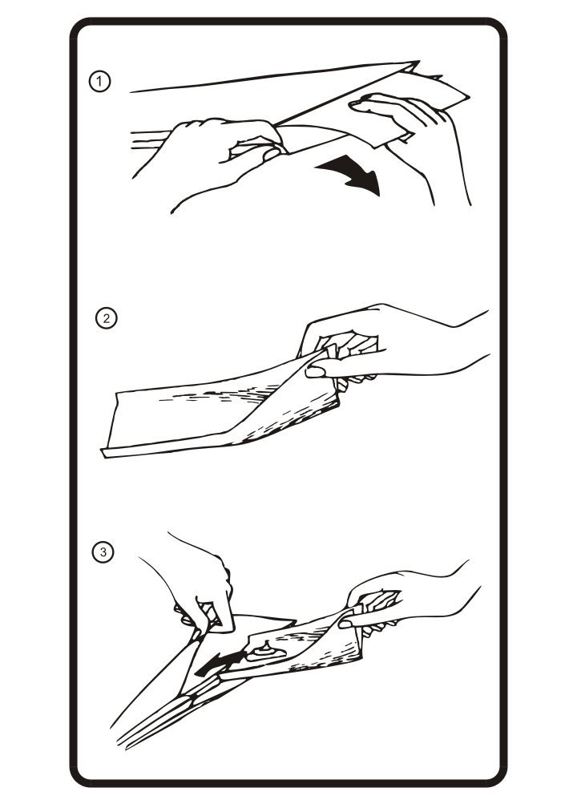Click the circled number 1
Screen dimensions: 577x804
click(99, 81)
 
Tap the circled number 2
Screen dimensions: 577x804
click(107, 318)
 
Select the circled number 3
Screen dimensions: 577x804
click(103, 552)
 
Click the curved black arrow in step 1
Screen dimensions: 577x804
click(354, 175)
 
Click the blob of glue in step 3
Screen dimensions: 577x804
click(264, 652)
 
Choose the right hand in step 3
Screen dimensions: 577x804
click(405, 600)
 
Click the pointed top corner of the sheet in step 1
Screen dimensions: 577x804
click(417, 63)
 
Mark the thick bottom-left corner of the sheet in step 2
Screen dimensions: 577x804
click(105, 453)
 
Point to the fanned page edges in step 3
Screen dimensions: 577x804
click(164, 713)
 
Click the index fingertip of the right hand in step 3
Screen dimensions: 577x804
click(345, 624)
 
